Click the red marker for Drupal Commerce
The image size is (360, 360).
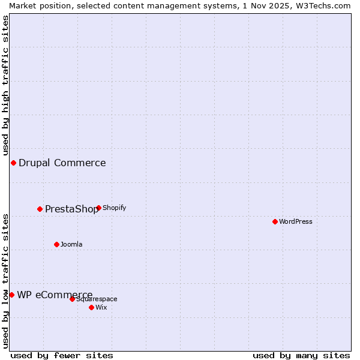[x=13, y=163]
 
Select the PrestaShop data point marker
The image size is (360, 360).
[x=40, y=209]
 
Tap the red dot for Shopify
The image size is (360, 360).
[x=99, y=208]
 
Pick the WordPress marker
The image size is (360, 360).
[x=275, y=222]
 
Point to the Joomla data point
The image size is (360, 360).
[x=57, y=245]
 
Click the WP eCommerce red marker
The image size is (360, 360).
[x=11, y=295]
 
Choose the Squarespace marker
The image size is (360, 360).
[x=73, y=299]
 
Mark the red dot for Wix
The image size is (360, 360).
[x=92, y=308]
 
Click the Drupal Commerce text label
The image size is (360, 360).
[x=62, y=163]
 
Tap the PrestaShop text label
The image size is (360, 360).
[x=71, y=209]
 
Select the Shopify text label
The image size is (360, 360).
[x=115, y=208]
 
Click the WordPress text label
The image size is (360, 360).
[x=296, y=222]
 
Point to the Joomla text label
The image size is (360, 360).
[x=71, y=245]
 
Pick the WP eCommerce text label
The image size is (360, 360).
[x=55, y=295]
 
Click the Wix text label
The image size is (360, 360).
[x=101, y=308]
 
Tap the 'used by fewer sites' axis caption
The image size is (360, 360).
[x=62, y=356]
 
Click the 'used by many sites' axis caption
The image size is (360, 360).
[x=301, y=356]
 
